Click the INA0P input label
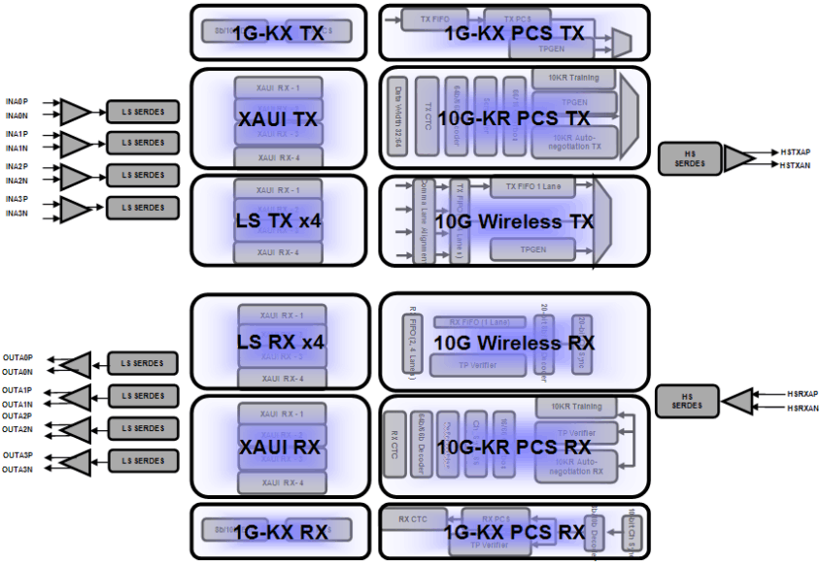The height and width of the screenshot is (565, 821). pyautogui.click(x=17, y=100)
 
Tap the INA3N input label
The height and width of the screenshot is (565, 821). pyautogui.click(x=17, y=213)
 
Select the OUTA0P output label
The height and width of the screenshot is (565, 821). pyautogui.click(x=17, y=357)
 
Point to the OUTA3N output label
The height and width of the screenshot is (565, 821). pyautogui.click(x=17, y=469)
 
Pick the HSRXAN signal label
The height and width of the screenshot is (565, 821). pyautogui.click(x=802, y=409)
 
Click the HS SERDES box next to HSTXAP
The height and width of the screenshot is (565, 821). pyautogui.click(x=691, y=159)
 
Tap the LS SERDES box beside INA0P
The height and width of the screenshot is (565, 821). pyautogui.click(x=143, y=111)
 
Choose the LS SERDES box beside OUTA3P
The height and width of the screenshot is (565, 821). pyautogui.click(x=143, y=460)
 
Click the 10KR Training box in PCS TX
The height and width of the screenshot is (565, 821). pyautogui.click(x=573, y=78)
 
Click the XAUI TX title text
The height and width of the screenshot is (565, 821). pyautogui.click(x=279, y=119)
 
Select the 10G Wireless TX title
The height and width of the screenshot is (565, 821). pyautogui.click(x=513, y=221)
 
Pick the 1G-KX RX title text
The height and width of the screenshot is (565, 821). pyautogui.click(x=279, y=531)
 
